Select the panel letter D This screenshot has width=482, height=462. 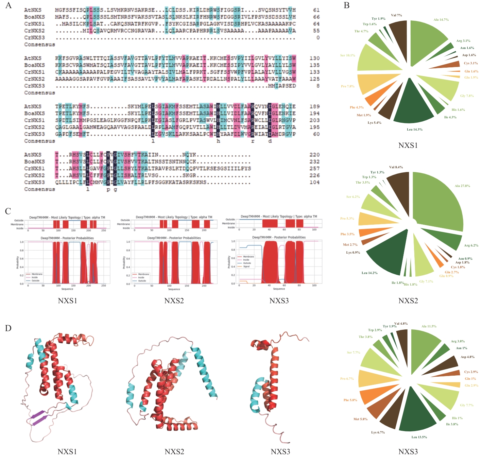(8, 328)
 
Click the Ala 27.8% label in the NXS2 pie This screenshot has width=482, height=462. (462, 186)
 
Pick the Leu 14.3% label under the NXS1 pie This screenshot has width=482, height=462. (414, 130)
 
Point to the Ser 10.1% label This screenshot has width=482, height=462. (347, 55)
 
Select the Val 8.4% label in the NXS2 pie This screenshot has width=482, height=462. (396, 167)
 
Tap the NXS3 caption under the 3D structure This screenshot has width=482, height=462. (280, 451)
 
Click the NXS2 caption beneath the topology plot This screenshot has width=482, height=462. (174, 301)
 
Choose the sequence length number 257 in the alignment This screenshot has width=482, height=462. (314, 169)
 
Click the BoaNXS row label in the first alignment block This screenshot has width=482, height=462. (34, 17)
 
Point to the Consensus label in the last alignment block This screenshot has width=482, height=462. (39, 189)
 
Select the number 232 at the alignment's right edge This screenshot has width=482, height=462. (314, 162)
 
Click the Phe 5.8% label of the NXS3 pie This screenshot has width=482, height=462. (350, 400)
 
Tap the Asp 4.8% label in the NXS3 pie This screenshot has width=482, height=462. (467, 357)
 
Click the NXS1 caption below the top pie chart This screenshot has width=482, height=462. (408, 145)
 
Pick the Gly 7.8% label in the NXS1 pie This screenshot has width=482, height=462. (467, 96)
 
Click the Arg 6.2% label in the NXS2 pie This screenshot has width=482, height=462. (471, 245)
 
